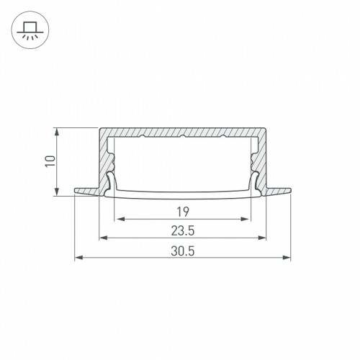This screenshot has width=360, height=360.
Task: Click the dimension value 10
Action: [51, 161]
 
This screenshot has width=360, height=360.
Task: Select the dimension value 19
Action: [183, 212]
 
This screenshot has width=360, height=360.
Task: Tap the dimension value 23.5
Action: [183, 231]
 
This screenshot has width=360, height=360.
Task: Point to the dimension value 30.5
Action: [183, 251]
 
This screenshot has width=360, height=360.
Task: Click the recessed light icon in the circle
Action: [30, 30]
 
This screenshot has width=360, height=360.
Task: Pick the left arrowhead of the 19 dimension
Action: [120, 219]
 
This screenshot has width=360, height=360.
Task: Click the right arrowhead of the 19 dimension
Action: [244, 219]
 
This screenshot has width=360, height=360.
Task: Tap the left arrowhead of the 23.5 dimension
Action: [104, 238]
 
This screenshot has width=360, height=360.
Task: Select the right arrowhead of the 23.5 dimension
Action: [262, 238]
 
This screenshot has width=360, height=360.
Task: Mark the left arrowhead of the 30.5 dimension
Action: [79, 258]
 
